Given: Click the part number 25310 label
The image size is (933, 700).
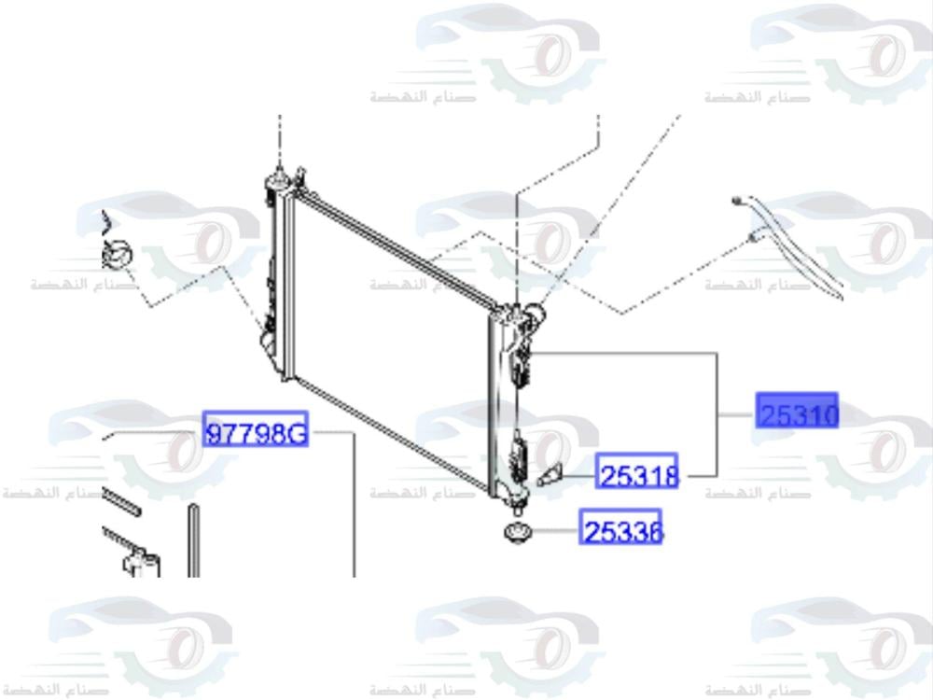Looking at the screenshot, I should coord(798,412).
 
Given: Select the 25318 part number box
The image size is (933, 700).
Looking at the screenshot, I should coord(638,475).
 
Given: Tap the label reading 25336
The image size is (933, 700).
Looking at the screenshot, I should coord(622,529).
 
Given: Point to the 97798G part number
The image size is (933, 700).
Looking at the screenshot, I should coord(256,431).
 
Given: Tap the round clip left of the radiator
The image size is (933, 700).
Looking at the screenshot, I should coord(118,252).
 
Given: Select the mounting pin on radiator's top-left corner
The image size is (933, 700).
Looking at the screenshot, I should coord(277,177).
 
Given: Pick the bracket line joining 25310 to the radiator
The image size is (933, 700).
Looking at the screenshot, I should coord(717,411).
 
